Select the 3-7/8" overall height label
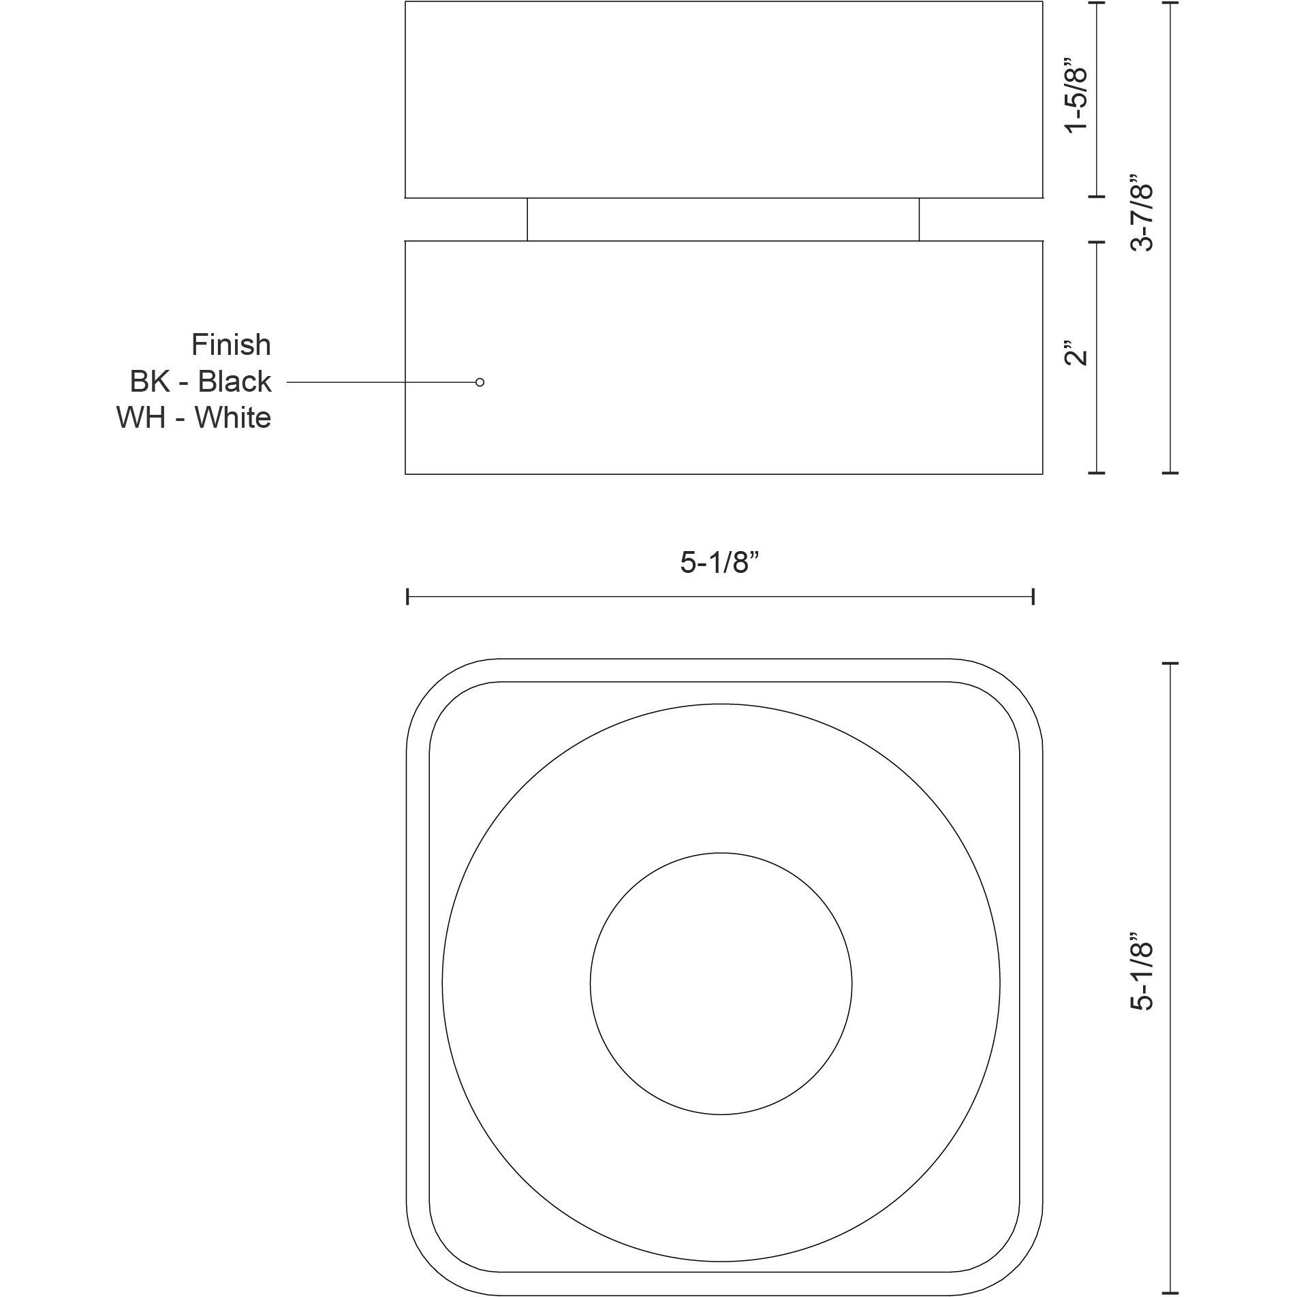[x=1143, y=212]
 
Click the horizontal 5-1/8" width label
[x=719, y=563]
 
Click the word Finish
[x=231, y=345]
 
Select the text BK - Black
[x=200, y=381]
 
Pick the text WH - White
[x=193, y=418]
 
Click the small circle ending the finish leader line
[x=480, y=382]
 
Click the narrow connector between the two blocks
[x=723, y=219]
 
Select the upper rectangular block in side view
[x=723, y=99]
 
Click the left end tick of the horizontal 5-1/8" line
[x=407, y=597]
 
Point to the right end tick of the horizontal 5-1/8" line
[x=1033, y=597]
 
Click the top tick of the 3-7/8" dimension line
[x=1170, y=3]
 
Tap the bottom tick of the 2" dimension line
[x=1096, y=472]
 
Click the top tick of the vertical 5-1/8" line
[x=1170, y=663]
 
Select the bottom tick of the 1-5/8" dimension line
[x=1096, y=196]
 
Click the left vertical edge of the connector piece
[x=527, y=219]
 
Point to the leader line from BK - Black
[x=381, y=383]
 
